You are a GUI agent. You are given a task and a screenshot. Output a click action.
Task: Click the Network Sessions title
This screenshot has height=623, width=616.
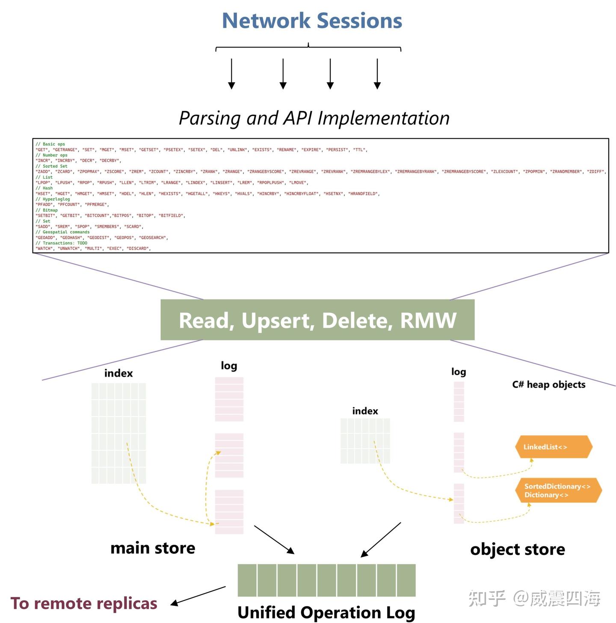(312, 21)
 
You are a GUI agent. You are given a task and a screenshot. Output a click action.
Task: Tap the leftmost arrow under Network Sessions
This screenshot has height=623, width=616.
(231, 74)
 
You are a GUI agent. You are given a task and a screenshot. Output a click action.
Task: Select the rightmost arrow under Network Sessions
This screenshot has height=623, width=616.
(377, 74)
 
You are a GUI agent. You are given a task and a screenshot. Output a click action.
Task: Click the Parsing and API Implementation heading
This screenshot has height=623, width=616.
(314, 118)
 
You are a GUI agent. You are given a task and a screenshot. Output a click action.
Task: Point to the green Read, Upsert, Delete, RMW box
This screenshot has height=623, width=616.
(317, 320)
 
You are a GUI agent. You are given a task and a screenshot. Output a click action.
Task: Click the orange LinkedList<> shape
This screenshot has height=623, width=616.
(554, 447)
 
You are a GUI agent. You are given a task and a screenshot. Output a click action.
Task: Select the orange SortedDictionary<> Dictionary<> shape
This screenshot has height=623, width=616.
(557, 490)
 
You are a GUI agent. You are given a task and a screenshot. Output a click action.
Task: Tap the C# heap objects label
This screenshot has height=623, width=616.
(548, 384)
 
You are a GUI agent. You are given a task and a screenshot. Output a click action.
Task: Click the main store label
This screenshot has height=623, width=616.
(153, 548)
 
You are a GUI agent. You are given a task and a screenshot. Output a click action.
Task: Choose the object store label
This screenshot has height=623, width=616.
(517, 549)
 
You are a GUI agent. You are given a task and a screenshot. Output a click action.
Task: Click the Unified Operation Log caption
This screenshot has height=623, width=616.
(326, 612)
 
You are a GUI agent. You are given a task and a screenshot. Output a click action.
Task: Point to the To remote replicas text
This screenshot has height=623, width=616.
(84, 603)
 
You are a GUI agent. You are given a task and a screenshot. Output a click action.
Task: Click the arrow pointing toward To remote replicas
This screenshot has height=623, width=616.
(198, 596)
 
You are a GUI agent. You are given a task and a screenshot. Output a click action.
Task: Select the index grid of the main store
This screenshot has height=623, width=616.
(118, 433)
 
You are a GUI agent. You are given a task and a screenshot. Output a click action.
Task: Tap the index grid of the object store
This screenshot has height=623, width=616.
(365, 441)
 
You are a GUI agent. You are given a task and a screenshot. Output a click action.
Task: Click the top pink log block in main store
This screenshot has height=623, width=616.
(229, 399)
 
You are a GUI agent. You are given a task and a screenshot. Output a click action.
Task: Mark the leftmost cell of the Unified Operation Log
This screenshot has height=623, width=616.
(247, 580)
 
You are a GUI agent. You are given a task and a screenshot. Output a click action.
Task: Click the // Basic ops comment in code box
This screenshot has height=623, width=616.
(50, 144)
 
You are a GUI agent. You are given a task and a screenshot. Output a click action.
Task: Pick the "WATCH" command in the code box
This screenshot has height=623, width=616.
(44, 249)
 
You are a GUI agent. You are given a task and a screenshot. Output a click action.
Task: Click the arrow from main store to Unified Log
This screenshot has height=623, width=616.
(274, 540)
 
